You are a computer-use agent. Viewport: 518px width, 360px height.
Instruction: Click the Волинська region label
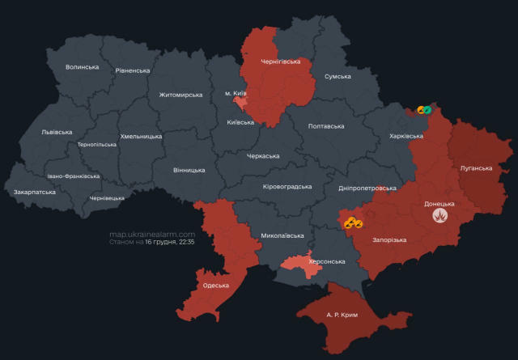coord(82,67)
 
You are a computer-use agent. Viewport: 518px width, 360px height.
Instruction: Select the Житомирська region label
coord(180,95)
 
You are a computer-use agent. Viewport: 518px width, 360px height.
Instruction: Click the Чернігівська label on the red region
coord(280,61)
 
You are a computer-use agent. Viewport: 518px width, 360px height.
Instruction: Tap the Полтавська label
coord(326,126)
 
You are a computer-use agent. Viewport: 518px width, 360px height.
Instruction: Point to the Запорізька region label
coord(388,240)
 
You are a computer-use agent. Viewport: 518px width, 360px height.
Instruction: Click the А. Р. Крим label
coord(342,313)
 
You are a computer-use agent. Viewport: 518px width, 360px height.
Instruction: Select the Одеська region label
coord(216,286)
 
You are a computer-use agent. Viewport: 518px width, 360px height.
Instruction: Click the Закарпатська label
coord(35,193)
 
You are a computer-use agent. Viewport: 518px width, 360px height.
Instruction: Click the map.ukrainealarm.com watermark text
coord(152,234)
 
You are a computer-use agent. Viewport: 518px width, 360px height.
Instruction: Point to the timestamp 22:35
coord(185,242)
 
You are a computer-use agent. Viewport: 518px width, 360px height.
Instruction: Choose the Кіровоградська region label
coord(287,187)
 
